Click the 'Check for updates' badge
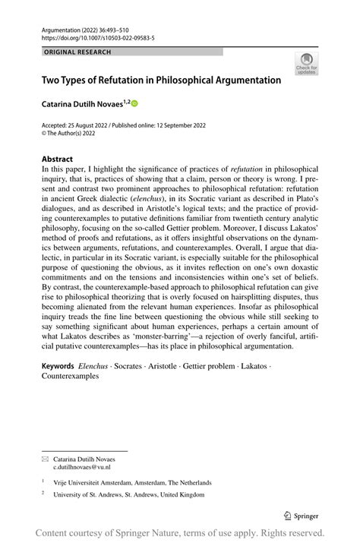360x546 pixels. click(308, 65)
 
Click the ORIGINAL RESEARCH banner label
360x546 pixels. click(78, 52)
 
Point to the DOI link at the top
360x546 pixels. click(93, 36)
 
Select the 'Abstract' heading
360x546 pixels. click(57, 160)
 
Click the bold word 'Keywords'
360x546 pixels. click(61, 367)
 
